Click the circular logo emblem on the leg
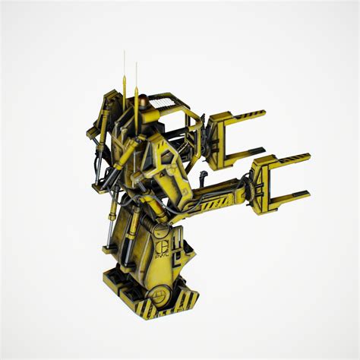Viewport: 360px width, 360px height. click(x=163, y=246)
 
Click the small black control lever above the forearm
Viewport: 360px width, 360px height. click(x=204, y=175)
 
